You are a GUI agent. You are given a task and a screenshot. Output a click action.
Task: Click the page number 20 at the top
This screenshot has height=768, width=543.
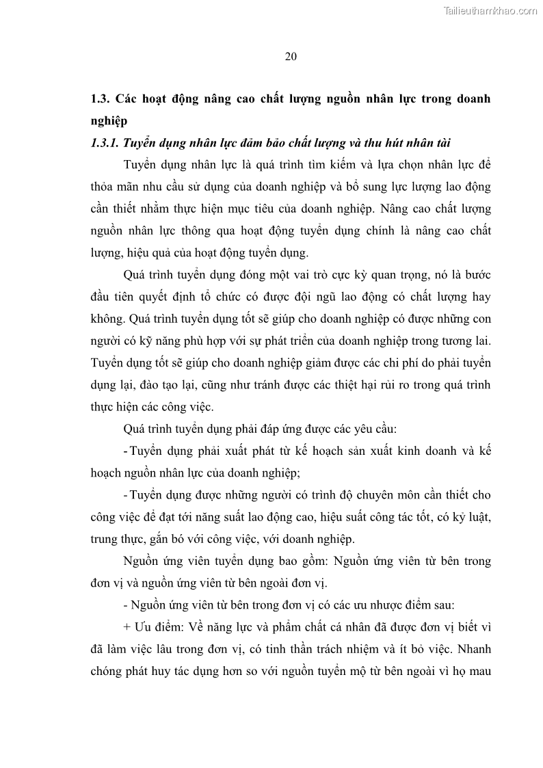click(290, 57)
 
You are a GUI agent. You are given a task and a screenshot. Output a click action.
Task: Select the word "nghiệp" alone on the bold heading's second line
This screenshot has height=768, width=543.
click(109, 120)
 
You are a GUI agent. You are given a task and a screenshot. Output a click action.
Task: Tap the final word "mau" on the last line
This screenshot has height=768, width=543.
click(478, 670)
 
